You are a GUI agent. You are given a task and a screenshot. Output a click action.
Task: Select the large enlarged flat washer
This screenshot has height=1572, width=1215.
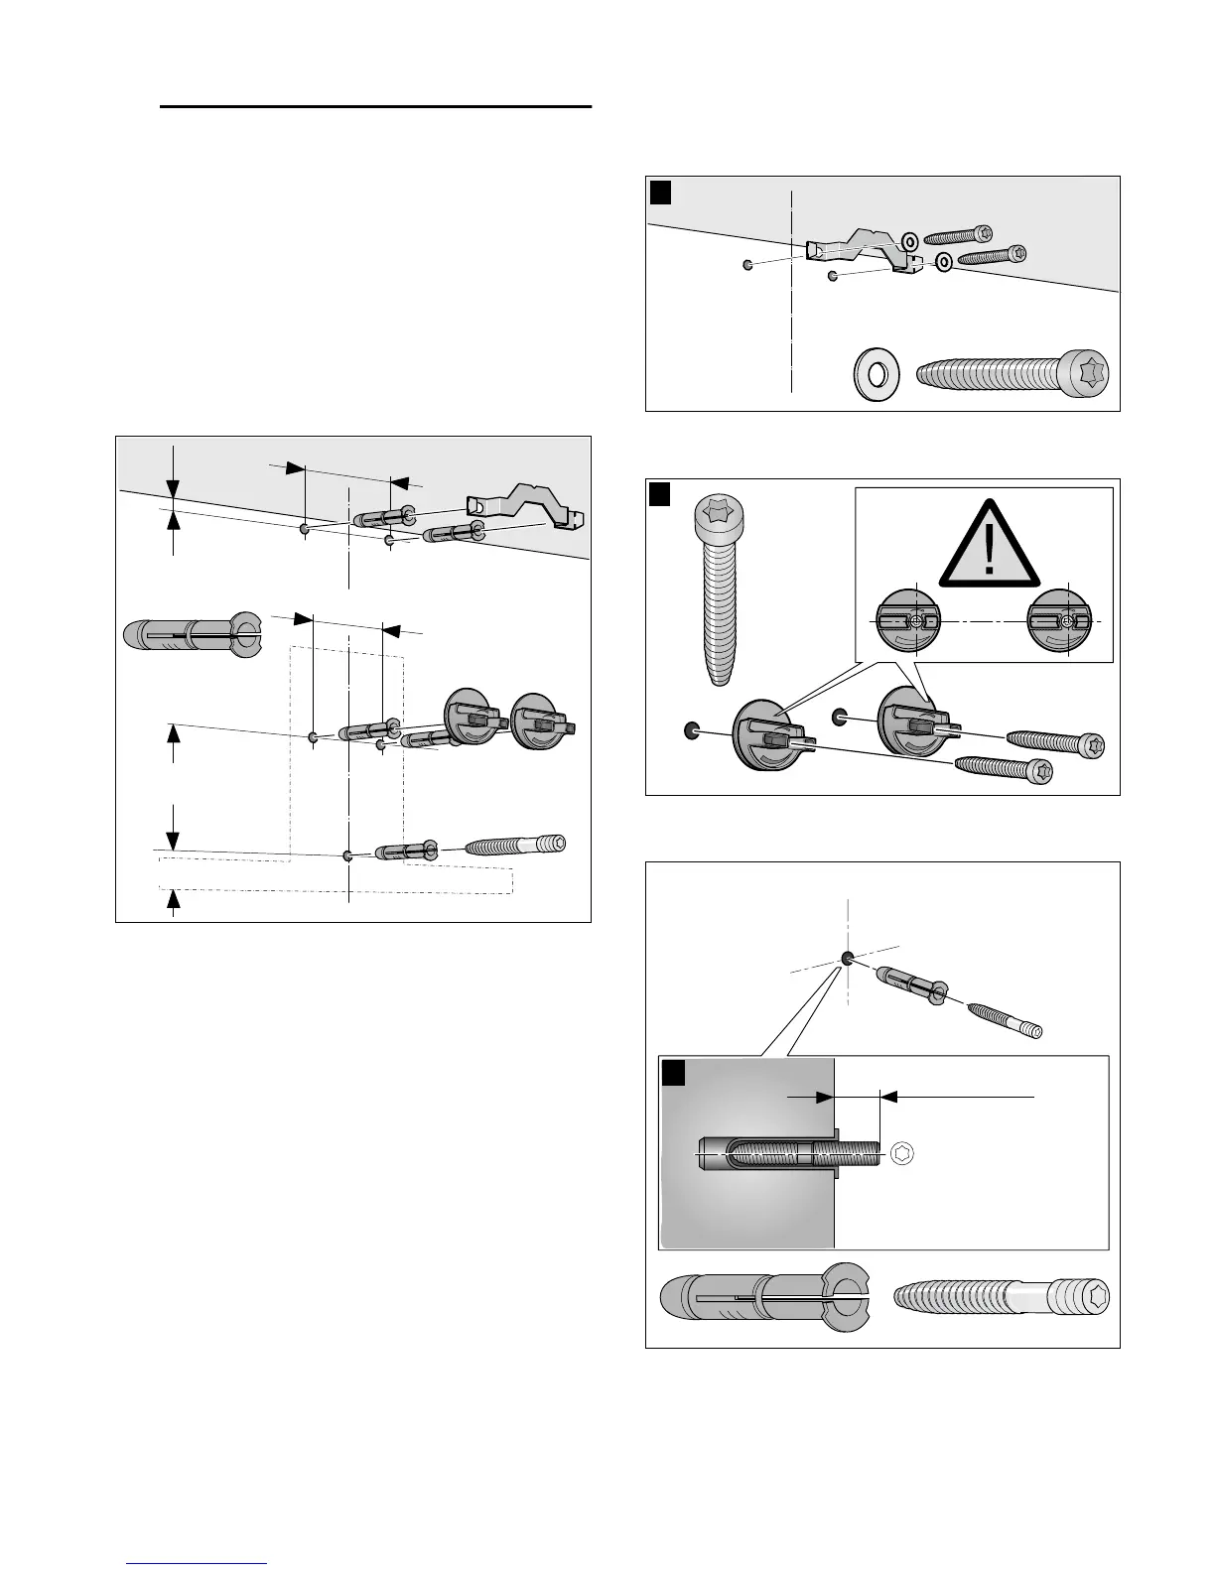coord(877,375)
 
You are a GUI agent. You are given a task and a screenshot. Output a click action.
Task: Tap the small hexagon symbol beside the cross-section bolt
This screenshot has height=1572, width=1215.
coord(902,1153)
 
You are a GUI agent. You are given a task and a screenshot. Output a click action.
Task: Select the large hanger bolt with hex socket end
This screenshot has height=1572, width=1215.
coord(1001,1297)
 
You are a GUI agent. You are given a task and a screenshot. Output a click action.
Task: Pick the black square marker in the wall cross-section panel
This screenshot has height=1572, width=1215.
coord(674,1074)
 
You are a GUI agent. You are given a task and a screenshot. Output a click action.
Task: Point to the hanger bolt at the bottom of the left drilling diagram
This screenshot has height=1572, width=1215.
coord(514,846)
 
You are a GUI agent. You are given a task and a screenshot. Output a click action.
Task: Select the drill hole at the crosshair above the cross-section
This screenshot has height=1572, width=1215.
coord(848,958)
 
